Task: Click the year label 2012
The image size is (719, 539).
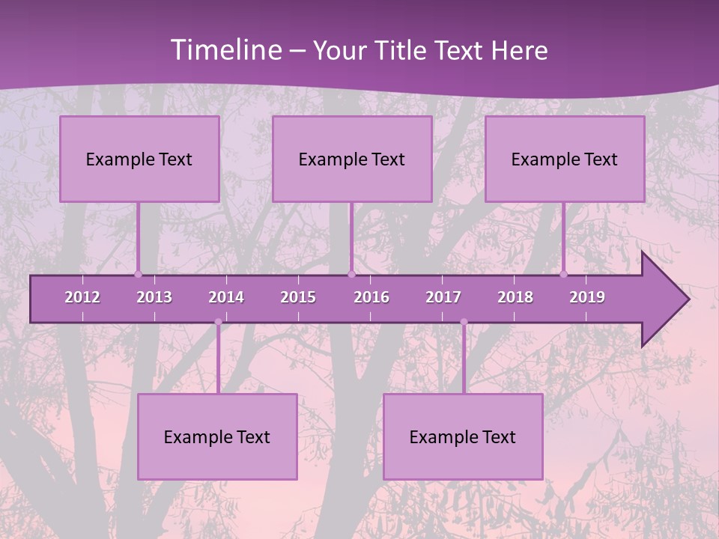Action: click(82, 297)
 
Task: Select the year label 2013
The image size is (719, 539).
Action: click(154, 297)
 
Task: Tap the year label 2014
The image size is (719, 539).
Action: click(226, 297)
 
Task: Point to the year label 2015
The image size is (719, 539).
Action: click(298, 297)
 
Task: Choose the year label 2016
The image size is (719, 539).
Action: click(371, 297)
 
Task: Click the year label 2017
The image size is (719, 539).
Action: click(443, 297)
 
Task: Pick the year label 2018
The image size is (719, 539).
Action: click(515, 297)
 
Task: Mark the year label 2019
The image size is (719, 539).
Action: click(587, 297)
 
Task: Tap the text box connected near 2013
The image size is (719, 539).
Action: click(139, 159)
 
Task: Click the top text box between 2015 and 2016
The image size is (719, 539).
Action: click(352, 159)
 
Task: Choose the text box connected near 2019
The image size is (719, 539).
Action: click(565, 159)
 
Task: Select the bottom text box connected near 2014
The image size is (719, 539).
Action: click(217, 436)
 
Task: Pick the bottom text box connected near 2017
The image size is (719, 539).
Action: click(463, 436)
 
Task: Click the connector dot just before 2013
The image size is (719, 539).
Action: click(138, 274)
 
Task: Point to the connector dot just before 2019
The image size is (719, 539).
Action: click(563, 274)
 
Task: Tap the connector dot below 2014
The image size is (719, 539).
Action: click(218, 323)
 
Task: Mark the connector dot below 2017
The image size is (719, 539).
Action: click(464, 323)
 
